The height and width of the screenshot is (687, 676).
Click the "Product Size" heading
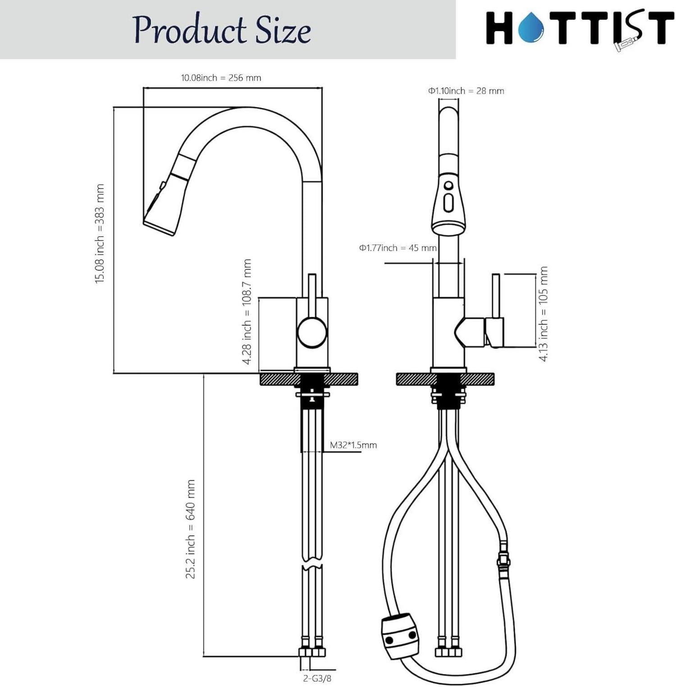pos(222,30)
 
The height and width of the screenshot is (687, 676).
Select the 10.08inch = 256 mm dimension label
pos(221,77)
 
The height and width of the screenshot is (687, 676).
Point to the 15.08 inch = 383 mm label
pos(100,233)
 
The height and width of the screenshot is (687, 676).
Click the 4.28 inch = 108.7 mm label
pos(247,312)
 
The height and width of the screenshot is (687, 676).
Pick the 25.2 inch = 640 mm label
pos(191,529)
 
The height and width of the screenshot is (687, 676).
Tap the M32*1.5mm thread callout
pos(353,445)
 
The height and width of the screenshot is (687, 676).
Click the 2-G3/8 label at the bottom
pos(317,678)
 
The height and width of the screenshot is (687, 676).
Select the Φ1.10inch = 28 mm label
pos(466,90)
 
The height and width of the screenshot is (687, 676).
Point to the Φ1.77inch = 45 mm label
pos(398,248)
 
